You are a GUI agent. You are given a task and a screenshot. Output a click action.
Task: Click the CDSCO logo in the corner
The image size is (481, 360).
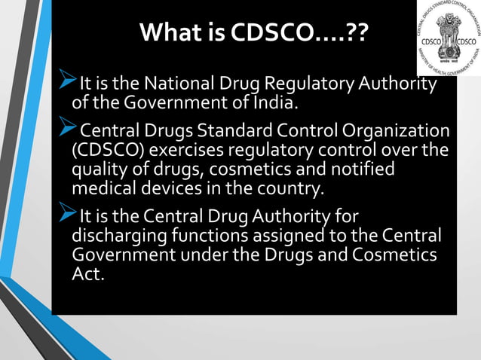(448, 38)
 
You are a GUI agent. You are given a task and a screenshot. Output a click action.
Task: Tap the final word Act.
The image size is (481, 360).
(87, 274)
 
